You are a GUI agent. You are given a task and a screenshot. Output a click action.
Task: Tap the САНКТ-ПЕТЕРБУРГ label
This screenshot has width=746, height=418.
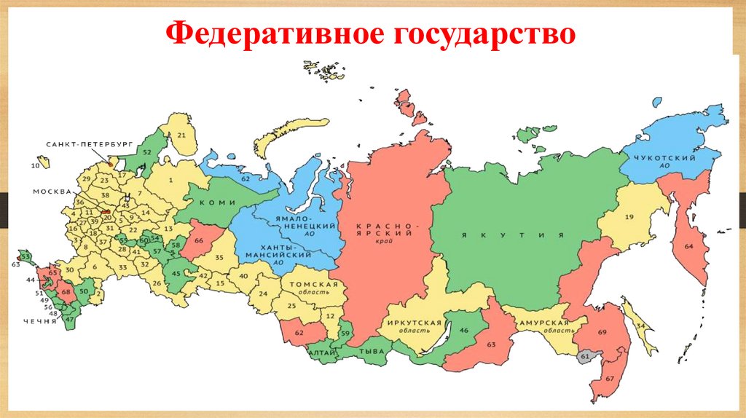[79, 145]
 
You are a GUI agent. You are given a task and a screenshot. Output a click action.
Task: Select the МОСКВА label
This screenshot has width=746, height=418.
[52, 192]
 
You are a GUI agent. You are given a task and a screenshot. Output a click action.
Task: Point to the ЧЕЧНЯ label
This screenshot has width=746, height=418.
[39, 320]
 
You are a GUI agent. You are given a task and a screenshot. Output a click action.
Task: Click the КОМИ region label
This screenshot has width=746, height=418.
[212, 204]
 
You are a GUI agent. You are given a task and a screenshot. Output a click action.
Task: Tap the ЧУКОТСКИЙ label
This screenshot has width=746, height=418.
[664, 159]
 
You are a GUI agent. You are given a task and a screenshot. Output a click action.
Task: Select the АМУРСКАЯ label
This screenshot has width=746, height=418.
[544, 323]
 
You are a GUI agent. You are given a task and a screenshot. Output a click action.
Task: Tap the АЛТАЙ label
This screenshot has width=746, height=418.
[322, 353]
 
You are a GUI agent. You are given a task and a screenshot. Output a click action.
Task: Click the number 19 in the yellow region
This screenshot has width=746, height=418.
[628, 217]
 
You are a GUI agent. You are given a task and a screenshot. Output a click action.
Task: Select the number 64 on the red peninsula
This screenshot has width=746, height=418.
[688, 246]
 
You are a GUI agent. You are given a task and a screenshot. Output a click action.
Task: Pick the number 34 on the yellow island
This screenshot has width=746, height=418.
[640, 327]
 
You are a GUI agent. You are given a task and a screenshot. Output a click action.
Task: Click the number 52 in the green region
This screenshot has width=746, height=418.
[146, 152]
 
